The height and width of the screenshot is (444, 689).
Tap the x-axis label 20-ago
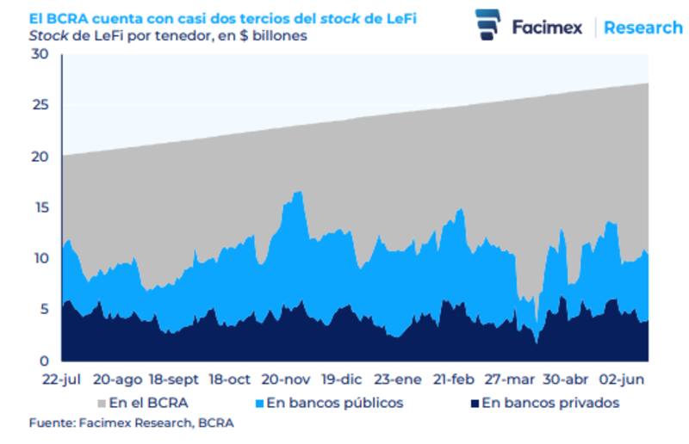[x=117, y=379]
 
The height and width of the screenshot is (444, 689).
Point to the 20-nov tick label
[x=286, y=379]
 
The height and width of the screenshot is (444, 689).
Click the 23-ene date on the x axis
[x=398, y=379]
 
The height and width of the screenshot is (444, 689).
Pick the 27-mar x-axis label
[x=509, y=379]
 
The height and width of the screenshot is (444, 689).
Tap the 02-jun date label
[x=622, y=379]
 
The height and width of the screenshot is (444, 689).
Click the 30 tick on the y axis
[x=40, y=55]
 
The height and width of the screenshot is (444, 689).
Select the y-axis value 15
[x=40, y=207]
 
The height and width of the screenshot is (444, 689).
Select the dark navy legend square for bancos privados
[x=473, y=403]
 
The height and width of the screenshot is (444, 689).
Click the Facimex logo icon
[x=487, y=25]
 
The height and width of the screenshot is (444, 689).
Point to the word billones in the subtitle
[x=279, y=37]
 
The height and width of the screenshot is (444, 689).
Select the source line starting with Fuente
[x=131, y=423]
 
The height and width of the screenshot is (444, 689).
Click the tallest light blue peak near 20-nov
[x=298, y=193]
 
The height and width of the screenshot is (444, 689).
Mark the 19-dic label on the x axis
[x=342, y=379]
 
